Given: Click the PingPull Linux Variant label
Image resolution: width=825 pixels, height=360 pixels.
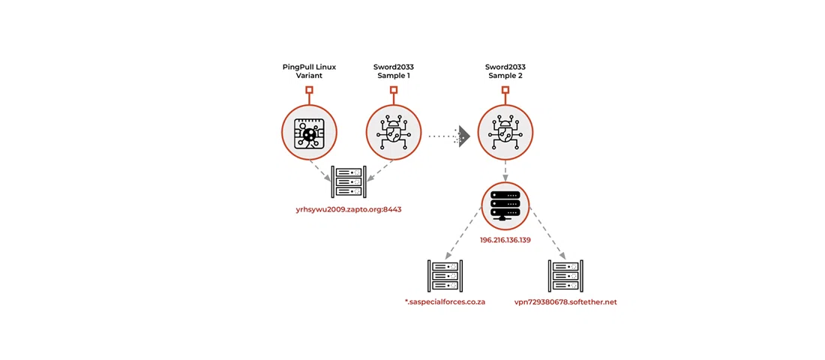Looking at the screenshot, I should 309,72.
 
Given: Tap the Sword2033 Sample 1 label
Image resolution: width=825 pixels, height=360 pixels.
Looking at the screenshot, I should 393,72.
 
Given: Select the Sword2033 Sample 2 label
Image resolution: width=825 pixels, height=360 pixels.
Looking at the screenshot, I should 505,72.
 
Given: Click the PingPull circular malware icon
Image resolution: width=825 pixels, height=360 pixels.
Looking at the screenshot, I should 309,133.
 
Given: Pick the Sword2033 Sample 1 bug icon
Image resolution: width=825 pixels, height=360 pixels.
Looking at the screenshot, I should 393,133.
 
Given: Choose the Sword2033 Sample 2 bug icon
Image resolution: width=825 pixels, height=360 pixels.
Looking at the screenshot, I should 505,133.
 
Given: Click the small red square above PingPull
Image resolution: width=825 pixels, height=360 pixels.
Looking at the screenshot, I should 309,90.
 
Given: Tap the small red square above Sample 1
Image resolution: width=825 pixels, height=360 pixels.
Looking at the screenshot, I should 393,90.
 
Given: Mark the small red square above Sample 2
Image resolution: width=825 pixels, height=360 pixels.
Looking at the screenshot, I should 505,90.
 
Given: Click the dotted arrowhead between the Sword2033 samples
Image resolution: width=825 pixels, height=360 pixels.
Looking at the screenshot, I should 463,136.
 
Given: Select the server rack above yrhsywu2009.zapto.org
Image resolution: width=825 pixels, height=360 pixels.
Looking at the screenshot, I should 349,182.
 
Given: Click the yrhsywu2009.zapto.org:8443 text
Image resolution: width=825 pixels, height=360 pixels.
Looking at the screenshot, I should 349,209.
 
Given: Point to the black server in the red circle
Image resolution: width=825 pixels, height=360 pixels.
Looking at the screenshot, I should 505,205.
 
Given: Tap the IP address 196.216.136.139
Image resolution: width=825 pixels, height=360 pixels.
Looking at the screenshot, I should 505,240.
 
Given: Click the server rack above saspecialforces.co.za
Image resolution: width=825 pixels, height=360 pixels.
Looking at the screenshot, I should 445,276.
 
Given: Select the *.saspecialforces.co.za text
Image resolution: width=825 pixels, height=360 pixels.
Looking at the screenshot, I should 445,302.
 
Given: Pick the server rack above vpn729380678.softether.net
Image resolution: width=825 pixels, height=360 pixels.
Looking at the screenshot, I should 565,276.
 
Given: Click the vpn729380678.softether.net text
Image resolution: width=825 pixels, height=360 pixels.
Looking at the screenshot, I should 565,302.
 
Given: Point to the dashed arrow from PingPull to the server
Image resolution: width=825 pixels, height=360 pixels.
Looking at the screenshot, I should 322,171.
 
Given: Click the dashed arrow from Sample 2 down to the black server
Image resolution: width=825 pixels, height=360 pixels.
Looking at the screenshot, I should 505,171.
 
